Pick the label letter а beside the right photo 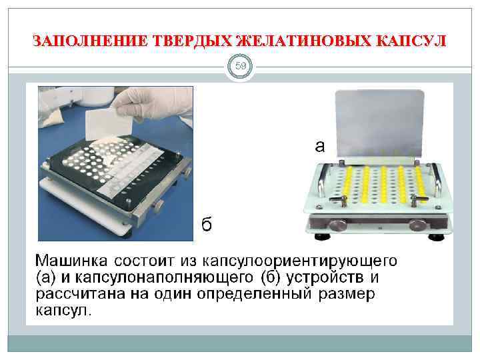point(319,146)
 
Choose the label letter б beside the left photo point(207,225)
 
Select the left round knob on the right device point(335,224)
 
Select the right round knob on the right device point(419,225)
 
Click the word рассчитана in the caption point(76,293)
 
